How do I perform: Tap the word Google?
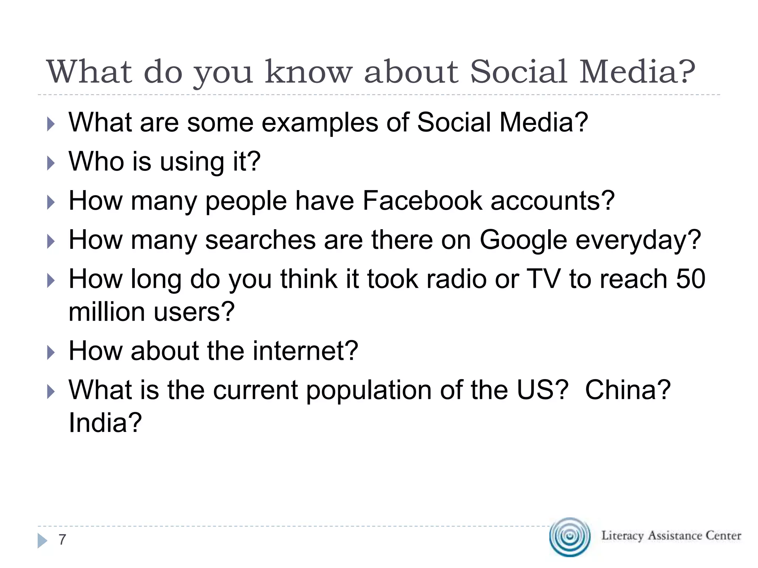tap(523, 240)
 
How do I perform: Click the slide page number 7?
tap(62, 540)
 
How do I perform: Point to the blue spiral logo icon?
tap(570, 537)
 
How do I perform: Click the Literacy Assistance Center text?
tap(671, 535)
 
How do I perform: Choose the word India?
tap(105, 423)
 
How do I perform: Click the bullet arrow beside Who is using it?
tap(51, 163)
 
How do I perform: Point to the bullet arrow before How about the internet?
tap(51, 352)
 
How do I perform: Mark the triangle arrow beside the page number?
tap(42, 541)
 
